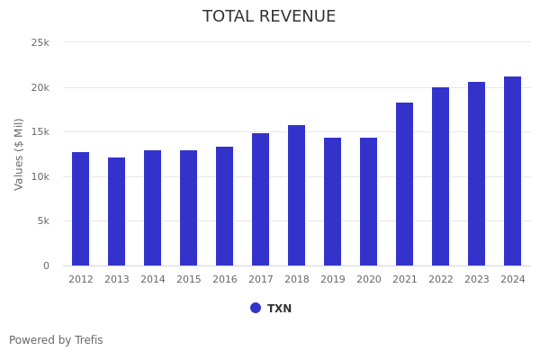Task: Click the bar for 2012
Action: [81, 209]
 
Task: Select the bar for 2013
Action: [117, 211]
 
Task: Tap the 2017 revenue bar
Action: [261, 199]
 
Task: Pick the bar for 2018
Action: [297, 195]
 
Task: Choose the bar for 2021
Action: [405, 184]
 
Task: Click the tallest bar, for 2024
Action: [513, 171]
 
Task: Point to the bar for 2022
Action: [441, 176]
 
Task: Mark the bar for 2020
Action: [369, 202]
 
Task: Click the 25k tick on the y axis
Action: [40, 42]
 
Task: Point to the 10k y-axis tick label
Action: [40, 176]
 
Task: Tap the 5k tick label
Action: [43, 220]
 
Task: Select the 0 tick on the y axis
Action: [46, 265]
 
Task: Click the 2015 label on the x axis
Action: [189, 280]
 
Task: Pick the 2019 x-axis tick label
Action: [333, 280]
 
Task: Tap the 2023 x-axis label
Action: [477, 280]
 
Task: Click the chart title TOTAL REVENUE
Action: [269, 17]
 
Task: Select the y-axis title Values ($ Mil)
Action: [19, 154]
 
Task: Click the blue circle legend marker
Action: [256, 308]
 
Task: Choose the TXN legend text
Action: [279, 309]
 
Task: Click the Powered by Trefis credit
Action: [56, 340]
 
